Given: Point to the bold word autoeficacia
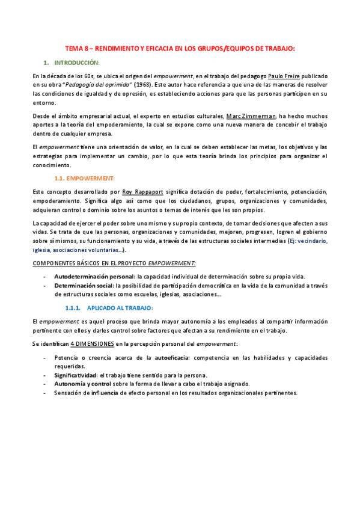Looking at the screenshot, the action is pyautogui.click(x=172, y=357).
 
